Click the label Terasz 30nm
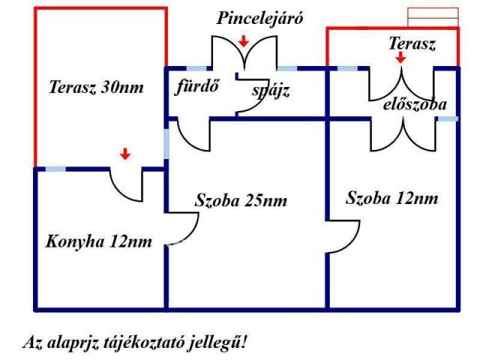click(96, 87)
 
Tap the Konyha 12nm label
click(99, 241)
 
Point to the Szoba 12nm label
click(392, 199)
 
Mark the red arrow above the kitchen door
click(125, 154)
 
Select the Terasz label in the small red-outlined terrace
click(412, 43)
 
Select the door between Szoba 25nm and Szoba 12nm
click(343, 237)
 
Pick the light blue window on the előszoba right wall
click(448, 118)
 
